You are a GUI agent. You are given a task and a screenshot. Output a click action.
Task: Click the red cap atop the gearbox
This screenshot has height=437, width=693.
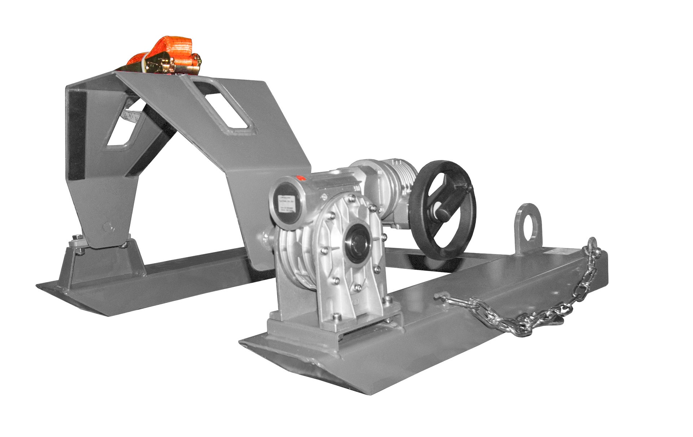tap(299, 178)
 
